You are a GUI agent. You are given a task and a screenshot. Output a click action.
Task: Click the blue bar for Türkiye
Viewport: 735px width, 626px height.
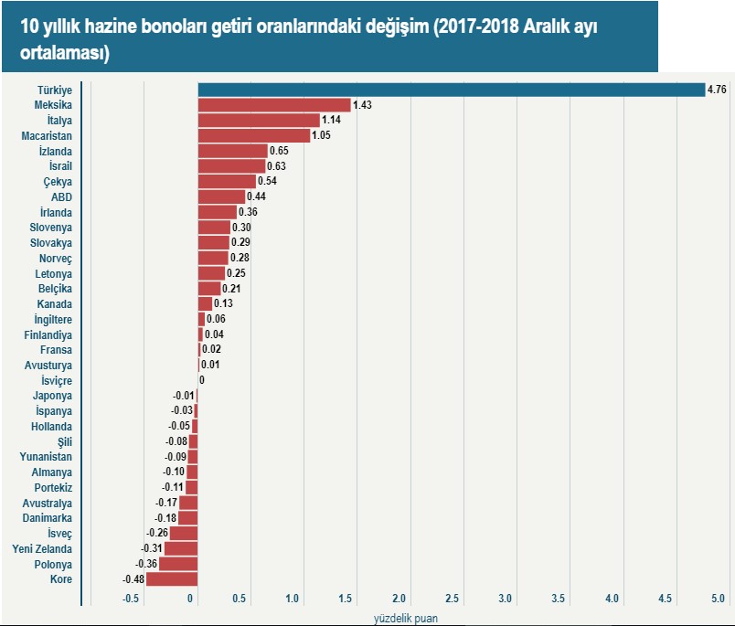pyautogui.click(x=451, y=90)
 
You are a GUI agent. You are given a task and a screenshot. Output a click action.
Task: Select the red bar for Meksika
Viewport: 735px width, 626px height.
pyautogui.click(x=274, y=105)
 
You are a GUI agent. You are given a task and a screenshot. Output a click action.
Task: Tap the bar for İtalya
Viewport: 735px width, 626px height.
pyautogui.click(x=259, y=121)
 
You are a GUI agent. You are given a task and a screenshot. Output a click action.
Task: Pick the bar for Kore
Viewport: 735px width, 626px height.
pyautogui.click(x=172, y=579)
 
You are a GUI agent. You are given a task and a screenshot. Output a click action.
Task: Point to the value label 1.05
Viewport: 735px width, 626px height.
pyautogui.click(x=321, y=136)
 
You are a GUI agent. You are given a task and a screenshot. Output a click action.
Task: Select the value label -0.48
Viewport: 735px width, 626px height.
pyautogui.click(x=133, y=579)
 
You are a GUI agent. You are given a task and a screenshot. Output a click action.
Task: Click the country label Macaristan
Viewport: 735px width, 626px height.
pyautogui.click(x=47, y=136)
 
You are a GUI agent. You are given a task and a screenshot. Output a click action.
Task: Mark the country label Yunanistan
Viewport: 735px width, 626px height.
pyautogui.click(x=46, y=457)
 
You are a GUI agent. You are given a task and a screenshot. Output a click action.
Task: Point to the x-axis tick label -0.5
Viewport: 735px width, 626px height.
pyautogui.click(x=131, y=599)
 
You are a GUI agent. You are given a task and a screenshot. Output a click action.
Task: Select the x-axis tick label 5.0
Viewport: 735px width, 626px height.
pyautogui.click(x=718, y=599)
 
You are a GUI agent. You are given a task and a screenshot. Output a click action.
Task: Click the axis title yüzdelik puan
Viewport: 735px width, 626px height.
pyautogui.click(x=405, y=618)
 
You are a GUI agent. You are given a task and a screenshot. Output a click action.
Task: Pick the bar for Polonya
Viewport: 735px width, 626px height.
pyautogui.click(x=178, y=564)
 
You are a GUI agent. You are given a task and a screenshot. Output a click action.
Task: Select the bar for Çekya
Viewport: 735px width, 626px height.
pyautogui.click(x=228, y=182)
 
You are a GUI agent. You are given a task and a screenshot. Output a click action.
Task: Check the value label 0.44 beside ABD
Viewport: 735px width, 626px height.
pyautogui.click(x=256, y=197)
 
